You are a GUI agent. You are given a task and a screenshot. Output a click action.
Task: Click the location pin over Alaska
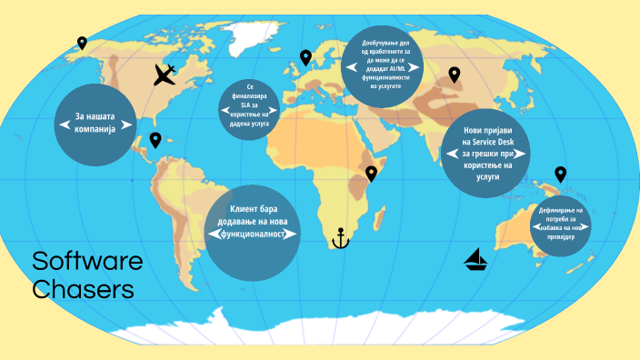pyautogui.click(x=82, y=42)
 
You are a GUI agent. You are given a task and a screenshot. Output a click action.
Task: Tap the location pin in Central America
pyautogui.click(x=155, y=139)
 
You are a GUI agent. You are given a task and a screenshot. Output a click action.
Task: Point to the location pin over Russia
pyautogui.click(x=454, y=75)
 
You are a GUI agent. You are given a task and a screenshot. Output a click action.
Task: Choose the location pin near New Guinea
pyautogui.click(x=560, y=174)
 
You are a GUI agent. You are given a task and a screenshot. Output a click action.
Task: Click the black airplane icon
pyautogui.click(x=165, y=74)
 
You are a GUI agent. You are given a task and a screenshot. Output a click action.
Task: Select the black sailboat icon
pyautogui.click(x=476, y=261)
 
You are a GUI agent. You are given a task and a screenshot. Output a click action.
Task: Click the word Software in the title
pyautogui.click(x=87, y=262)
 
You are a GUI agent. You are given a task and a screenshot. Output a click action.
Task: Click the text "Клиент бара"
pyautogui.click(x=253, y=210)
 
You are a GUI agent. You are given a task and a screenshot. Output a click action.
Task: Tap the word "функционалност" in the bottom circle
pyautogui.click(x=253, y=234)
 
